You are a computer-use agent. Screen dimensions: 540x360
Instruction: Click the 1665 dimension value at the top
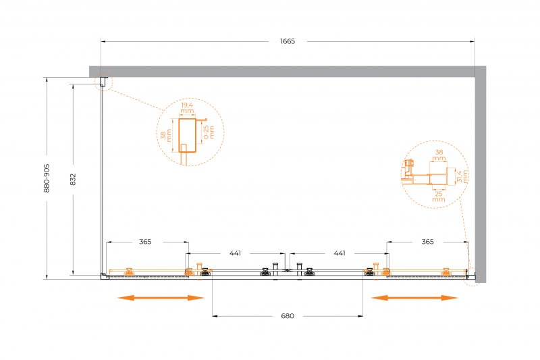(288, 41)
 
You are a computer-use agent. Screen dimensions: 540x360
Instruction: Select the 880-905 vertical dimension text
(47, 178)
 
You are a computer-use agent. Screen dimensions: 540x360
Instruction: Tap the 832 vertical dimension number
(73, 180)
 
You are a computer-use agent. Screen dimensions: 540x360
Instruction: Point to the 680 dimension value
(288, 316)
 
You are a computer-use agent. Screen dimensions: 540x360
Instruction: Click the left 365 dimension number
(145, 242)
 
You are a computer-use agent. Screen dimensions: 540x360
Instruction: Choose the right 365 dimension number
(427, 242)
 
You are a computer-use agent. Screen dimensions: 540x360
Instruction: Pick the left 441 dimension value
(235, 253)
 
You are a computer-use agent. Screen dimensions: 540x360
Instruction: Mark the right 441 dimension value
(340, 253)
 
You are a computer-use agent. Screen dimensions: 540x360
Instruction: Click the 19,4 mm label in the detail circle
(187, 108)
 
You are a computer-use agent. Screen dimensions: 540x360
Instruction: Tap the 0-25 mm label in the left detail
(209, 132)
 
